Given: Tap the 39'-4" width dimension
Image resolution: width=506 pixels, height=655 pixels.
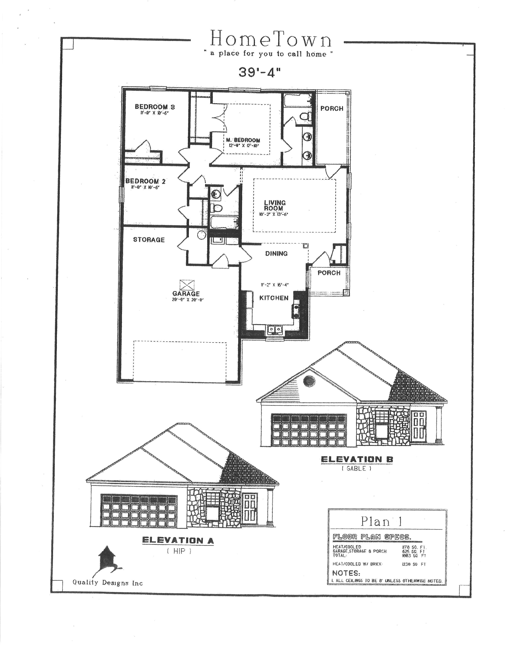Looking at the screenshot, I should [257, 72].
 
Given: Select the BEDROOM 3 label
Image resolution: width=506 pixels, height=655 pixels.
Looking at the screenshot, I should [155, 107].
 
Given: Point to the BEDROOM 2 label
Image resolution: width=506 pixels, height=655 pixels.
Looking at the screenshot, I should [145, 181].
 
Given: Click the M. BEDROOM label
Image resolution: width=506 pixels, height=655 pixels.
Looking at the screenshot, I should [243, 140].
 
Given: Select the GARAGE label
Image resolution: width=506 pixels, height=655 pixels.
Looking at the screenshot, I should [186, 294].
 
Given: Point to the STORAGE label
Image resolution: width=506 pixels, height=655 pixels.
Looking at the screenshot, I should [149, 240].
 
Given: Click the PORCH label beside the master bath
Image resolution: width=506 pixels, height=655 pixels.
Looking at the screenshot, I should [332, 109].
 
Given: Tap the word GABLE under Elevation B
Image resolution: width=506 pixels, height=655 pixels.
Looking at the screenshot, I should [356, 468].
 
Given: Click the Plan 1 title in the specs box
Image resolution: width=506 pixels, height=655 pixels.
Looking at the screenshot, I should [381, 521].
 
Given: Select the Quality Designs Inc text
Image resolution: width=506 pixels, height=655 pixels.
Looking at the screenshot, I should [108, 583].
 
